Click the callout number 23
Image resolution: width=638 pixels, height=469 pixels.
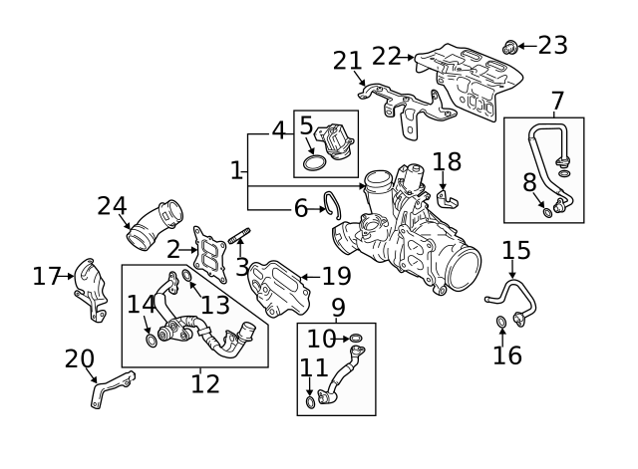pyautogui.click(x=552, y=45)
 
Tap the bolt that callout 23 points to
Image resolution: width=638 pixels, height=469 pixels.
pyautogui.click(x=509, y=47)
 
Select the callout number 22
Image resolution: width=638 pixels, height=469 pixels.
pyautogui.click(x=386, y=56)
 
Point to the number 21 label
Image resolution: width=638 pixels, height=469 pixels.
pyautogui.click(x=347, y=61)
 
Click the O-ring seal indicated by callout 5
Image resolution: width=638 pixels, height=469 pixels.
pyautogui.click(x=315, y=162)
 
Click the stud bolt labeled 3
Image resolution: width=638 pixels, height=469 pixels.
pyautogui.click(x=239, y=236)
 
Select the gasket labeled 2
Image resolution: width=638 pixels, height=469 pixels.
pyautogui.click(x=209, y=254)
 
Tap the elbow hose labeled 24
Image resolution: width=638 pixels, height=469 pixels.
pyautogui.click(x=155, y=225)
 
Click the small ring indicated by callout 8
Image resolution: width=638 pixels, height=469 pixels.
pyautogui.click(x=548, y=212)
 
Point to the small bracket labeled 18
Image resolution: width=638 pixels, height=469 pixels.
pyautogui.click(x=448, y=199)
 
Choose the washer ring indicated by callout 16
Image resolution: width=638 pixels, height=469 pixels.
pyautogui.click(x=501, y=322)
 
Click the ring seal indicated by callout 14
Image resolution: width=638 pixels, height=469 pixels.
pyautogui.click(x=152, y=341)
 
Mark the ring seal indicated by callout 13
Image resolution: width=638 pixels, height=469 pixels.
pyautogui.click(x=186, y=275)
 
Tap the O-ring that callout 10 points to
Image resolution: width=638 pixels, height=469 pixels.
pyautogui.click(x=356, y=338)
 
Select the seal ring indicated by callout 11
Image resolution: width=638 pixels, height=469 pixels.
pyautogui.click(x=310, y=402)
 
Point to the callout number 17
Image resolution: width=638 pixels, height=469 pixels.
pyautogui.click(x=46, y=276)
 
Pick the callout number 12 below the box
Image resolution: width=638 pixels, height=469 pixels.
pyautogui.click(x=205, y=384)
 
